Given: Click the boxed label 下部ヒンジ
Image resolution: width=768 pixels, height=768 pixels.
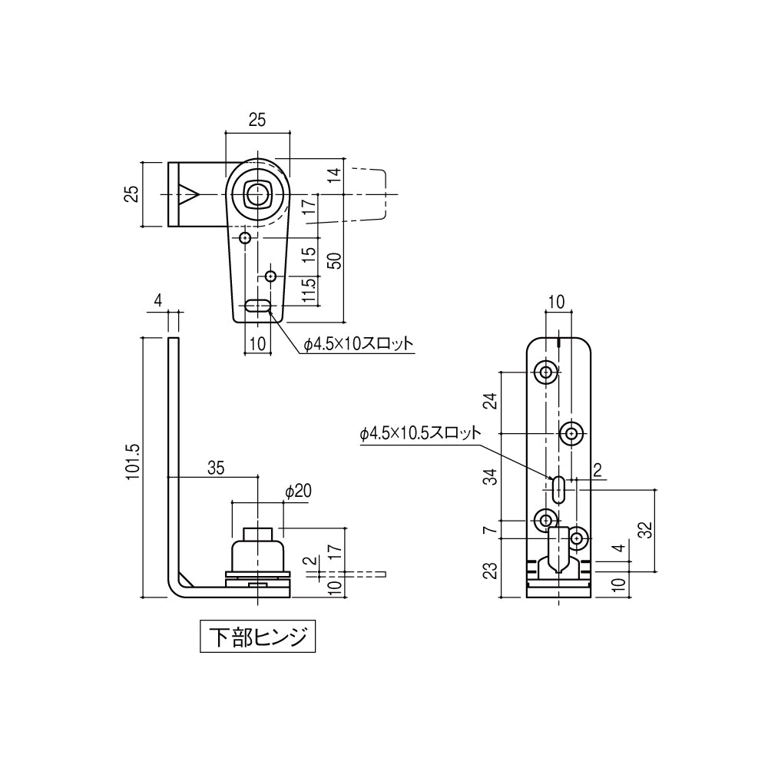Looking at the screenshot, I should (257, 637).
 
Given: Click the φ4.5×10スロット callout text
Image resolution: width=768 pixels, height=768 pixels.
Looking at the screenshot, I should (359, 345).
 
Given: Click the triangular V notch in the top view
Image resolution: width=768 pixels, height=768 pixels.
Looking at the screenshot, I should (188, 194).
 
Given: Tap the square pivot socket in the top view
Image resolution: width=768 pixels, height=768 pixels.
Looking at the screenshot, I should (257, 194).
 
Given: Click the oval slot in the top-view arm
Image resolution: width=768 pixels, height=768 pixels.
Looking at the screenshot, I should (258, 306).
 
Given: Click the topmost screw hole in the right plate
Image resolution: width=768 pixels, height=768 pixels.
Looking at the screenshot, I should (546, 373).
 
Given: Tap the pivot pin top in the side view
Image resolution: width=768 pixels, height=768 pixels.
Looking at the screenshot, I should (258, 533).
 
